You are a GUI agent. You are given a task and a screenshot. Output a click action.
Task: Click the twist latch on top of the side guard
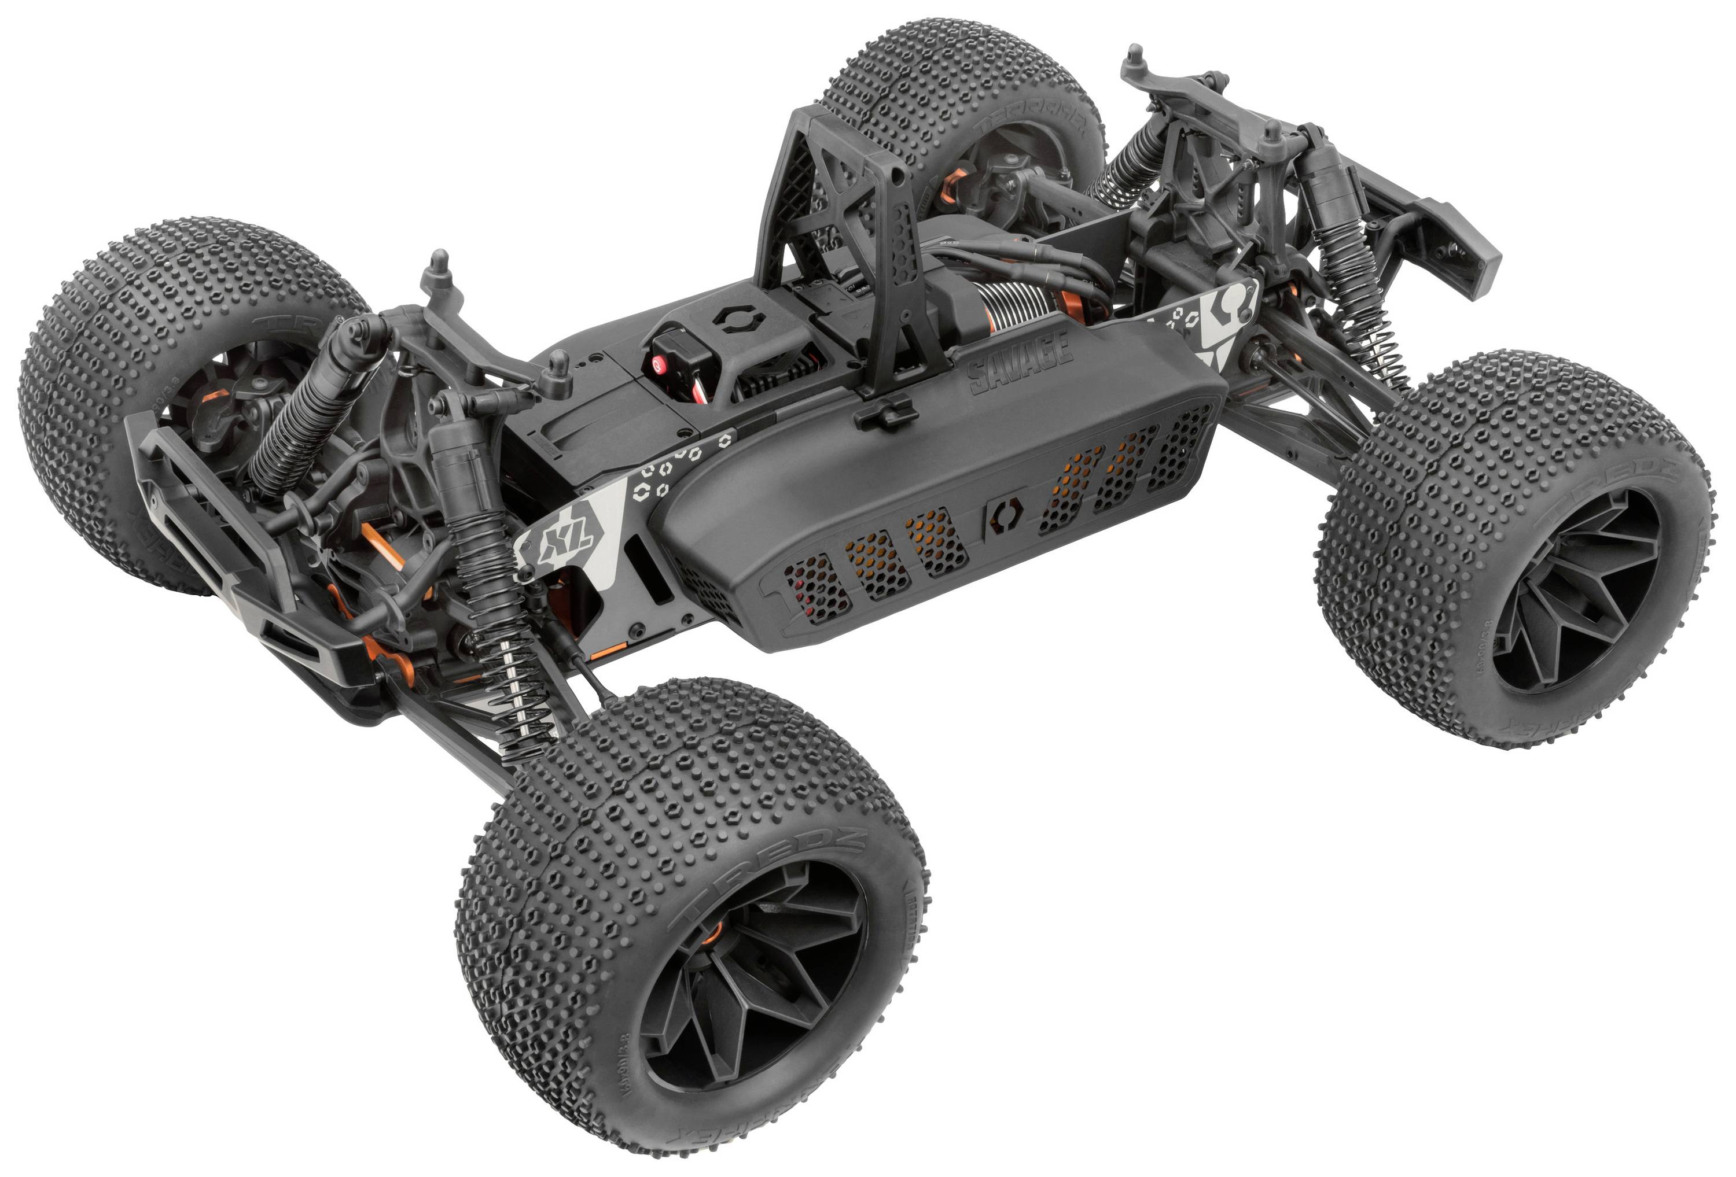tap(886, 411)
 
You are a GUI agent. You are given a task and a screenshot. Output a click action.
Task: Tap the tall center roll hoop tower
tap(859, 224)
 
